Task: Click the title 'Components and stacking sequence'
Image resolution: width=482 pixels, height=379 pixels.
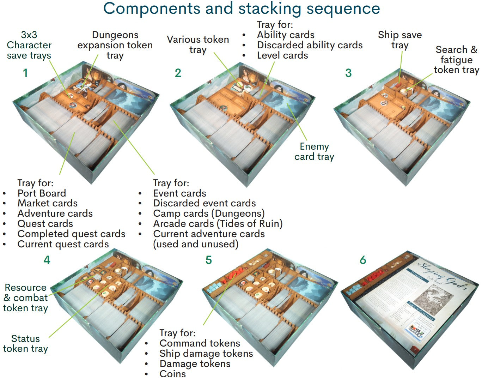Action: [242, 8]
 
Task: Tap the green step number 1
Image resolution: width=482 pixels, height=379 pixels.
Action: [25, 73]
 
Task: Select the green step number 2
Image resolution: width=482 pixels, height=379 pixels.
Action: [178, 73]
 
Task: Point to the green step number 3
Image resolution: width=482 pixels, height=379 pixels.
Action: [348, 73]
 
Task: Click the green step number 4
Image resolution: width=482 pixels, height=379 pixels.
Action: [47, 260]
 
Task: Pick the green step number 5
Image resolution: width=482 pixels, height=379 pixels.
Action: [209, 260]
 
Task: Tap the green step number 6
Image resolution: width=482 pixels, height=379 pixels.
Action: [363, 260]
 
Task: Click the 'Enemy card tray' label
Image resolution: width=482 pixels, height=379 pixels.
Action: [314, 151]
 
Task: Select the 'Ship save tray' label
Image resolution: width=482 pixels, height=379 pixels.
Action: [400, 40]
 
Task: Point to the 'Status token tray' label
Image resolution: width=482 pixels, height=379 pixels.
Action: [25, 343]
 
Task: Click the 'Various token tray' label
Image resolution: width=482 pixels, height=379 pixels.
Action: [198, 44]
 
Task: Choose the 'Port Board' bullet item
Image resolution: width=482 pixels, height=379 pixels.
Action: [42, 193]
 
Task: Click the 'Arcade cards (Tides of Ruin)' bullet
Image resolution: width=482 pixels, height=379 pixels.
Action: [218, 224]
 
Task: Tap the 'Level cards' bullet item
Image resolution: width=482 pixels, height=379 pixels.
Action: [282, 55]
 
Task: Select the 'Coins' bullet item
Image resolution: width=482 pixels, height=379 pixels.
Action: [172, 374]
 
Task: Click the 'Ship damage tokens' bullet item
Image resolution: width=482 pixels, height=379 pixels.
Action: [206, 354]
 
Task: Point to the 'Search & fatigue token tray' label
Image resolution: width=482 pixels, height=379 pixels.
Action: [456, 60]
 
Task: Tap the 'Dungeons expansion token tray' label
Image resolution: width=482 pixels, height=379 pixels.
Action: [115, 45]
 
